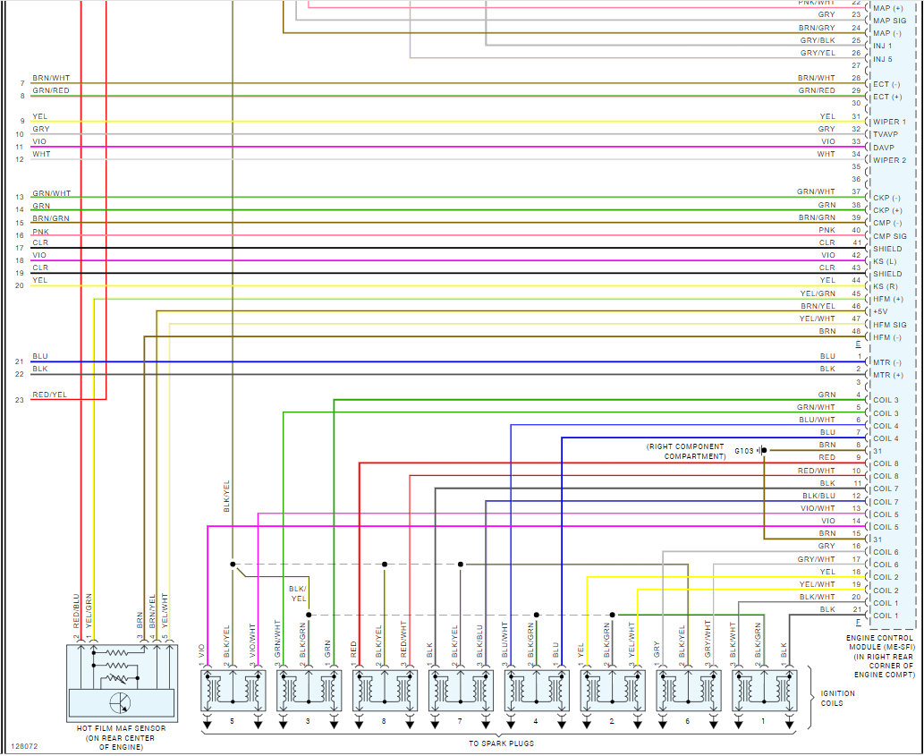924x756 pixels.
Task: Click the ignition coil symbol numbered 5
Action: pos(232,690)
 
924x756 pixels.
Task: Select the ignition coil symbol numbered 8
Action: pos(384,690)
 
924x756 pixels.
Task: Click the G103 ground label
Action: pos(744,450)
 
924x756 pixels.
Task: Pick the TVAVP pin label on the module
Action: pos(889,134)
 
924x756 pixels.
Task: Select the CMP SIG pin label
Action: pos(891,236)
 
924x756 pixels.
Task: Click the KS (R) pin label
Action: pos(887,286)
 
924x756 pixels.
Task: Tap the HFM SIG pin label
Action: pos(890,325)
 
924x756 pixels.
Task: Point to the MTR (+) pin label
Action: pos(887,375)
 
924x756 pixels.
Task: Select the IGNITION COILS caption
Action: pos(837,698)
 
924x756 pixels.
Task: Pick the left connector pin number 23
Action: pos(20,400)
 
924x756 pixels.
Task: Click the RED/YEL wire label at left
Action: pos(49,395)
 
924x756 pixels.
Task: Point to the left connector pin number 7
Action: pos(21,83)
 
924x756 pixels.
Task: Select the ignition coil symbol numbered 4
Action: pos(536,690)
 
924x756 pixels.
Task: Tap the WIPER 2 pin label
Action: pos(890,160)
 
